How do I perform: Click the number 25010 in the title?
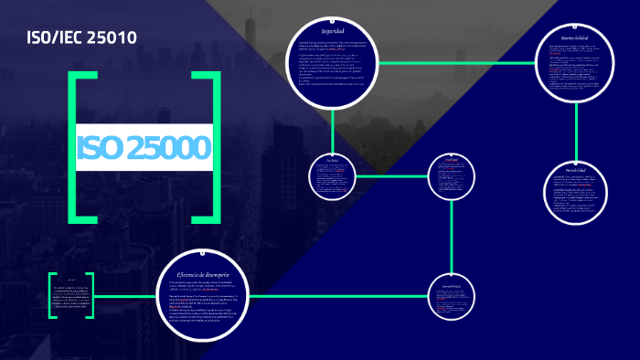112,39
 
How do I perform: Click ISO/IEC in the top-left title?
57,39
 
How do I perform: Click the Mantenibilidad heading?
575,37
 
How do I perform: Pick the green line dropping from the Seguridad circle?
332,128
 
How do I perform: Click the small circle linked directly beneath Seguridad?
332,175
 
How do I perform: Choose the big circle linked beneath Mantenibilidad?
575,195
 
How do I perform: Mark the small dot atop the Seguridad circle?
332,19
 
